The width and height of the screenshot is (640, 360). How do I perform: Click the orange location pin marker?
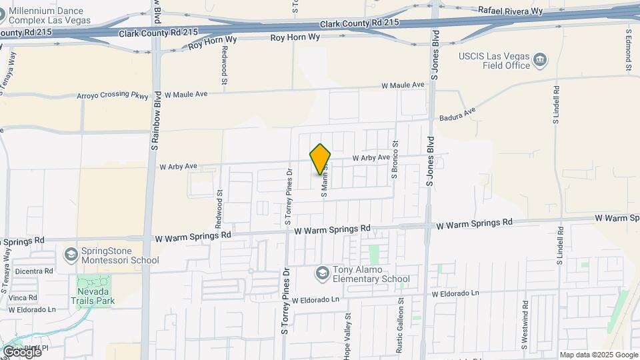coord(321,159)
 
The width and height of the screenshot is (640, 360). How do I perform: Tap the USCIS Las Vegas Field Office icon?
coord(541,62)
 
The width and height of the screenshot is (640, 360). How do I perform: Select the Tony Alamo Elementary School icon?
coord(322,273)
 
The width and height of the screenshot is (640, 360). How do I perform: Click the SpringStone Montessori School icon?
coord(71,255)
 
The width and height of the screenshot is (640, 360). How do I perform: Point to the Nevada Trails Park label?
coord(91,295)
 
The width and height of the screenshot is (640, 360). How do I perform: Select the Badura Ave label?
coord(457,114)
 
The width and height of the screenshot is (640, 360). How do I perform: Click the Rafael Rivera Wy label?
coord(511,11)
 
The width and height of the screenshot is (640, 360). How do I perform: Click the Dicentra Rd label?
coord(33,271)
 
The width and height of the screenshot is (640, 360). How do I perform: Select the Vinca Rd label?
coord(23,297)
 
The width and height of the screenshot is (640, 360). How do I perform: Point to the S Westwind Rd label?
coord(525,336)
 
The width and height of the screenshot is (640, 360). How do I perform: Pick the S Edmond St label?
coord(628,49)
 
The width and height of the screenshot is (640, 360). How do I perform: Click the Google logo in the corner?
coord(21,351)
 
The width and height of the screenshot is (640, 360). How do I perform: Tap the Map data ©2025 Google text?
coord(598,355)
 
